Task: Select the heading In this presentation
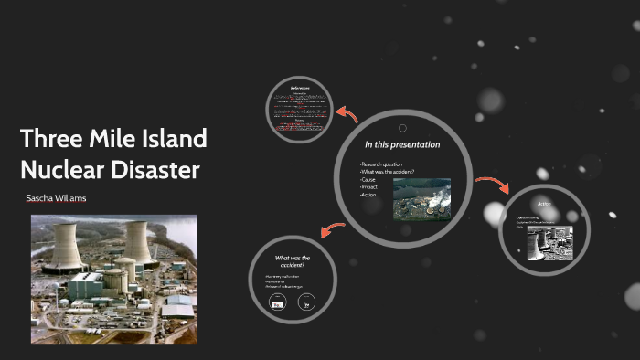[x=402, y=144]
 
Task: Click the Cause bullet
[x=368, y=180]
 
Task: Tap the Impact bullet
[x=368, y=187]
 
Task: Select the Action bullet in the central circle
[x=368, y=195]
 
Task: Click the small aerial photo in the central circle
[x=421, y=197]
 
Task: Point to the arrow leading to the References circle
[x=347, y=113]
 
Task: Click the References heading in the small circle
[x=301, y=88]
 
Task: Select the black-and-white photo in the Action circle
[x=549, y=242]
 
